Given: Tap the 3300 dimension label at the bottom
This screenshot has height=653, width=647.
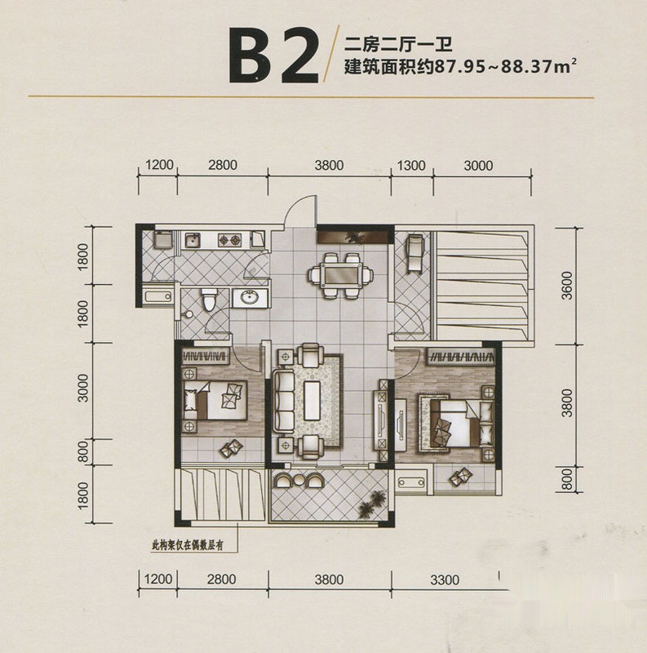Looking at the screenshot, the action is click(445, 580).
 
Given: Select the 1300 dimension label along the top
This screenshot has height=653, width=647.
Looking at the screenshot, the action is click(411, 166).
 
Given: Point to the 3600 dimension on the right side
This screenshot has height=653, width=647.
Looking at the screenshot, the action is click(567, 286).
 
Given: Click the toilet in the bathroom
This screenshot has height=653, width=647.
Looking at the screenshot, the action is click(209, 299).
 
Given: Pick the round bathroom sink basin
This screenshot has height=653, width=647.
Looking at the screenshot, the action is click(250, 297).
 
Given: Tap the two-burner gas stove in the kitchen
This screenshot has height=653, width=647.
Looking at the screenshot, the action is click(229, 239).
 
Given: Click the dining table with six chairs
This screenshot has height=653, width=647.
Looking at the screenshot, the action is click(341, 275).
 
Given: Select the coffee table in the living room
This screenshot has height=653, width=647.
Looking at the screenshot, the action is click(312, 401).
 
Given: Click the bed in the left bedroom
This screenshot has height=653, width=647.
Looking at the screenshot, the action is click(215, 400).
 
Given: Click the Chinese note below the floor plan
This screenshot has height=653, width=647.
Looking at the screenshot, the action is click(188, 545).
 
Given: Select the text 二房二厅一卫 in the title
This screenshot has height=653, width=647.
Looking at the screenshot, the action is click(398, 44).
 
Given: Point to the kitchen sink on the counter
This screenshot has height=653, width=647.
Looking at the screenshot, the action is click(193, 240).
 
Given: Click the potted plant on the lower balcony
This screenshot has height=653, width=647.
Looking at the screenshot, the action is click(372, 502).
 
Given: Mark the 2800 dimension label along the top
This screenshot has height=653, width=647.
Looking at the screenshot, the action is click(223, 165).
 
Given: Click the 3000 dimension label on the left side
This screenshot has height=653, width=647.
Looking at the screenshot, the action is click(84, 388).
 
